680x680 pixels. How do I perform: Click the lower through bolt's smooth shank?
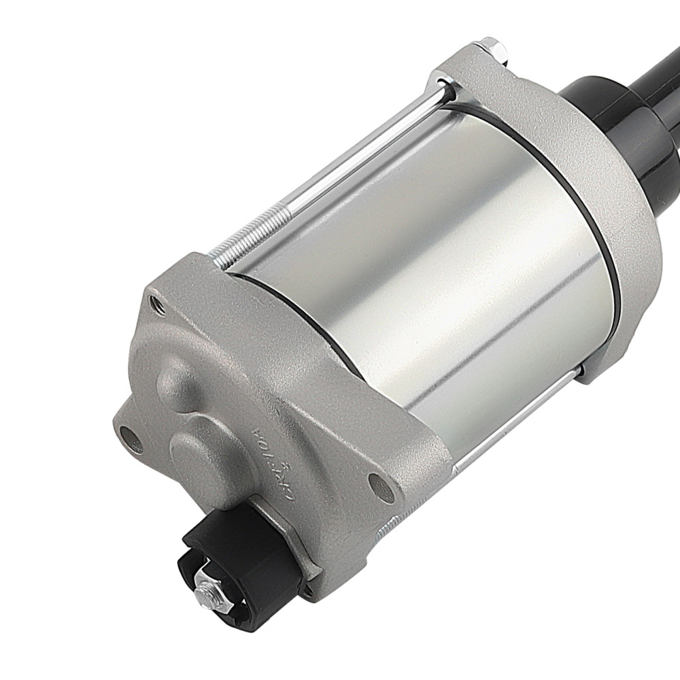pos(517,415)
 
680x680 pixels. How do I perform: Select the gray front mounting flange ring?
pos(598,204)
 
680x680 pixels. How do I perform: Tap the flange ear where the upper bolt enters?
pos(469,68)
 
